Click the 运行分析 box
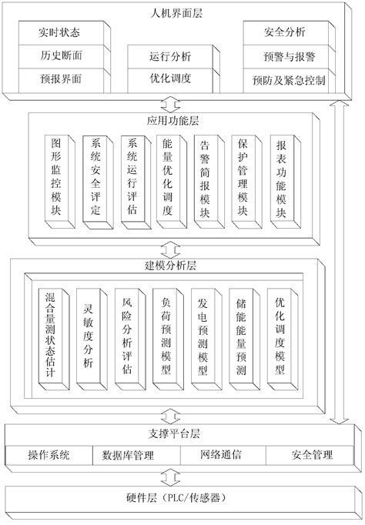[x=169, y=56]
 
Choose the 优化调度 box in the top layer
[x=169, y=79]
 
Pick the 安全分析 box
[x=287, y=34]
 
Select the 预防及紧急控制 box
[x=287, y=79]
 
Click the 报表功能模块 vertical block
[x=280, y=179]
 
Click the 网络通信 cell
[x=221, y=455]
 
